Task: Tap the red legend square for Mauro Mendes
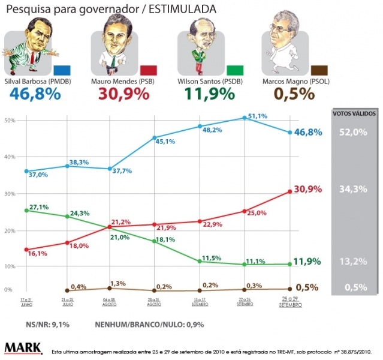pos(148,70)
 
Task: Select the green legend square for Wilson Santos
pos(234,70)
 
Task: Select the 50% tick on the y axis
pos(8,121)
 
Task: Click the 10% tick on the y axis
pos(8,266)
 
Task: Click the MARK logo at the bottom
pos(23,348)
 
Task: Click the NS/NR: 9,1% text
pos(48,325)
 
